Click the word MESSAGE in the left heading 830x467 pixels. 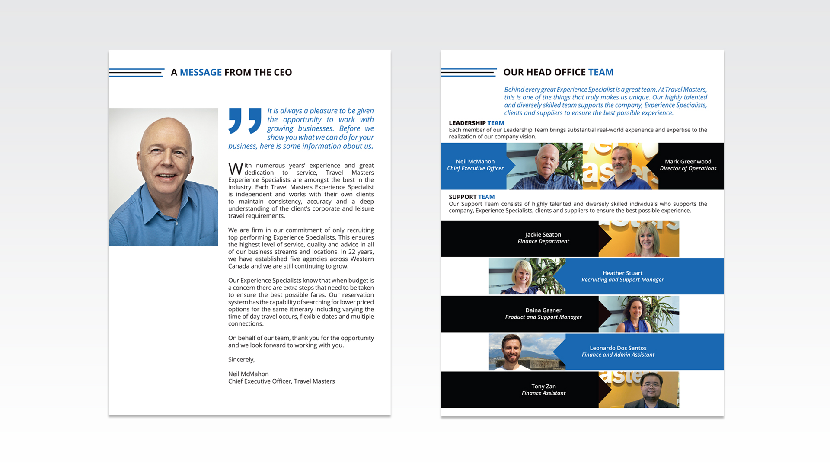[201, 72]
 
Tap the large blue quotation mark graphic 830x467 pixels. [245, 121]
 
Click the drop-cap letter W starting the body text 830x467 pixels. [236, 169]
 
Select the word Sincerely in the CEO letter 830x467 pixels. [241, 360]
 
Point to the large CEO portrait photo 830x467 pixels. [163, 177]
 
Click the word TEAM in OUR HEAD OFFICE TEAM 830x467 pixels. [600, 72]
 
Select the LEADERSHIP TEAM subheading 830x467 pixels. [476, 123]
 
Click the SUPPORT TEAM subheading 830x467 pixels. [472, 197]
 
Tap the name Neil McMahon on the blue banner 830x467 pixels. [475, 162]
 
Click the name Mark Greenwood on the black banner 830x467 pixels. [688, 162]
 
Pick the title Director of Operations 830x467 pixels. [688, 169]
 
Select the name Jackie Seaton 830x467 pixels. [543, 235]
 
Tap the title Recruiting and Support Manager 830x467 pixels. [622, 280]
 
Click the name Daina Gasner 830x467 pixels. [543, 310]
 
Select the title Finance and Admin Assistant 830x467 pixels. [618, 355]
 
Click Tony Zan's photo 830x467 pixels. [639, 390]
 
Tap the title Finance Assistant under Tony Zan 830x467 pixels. [543, 393]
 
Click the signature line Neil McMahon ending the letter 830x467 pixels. [249, 374]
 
